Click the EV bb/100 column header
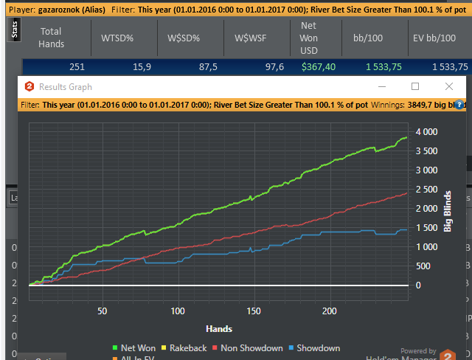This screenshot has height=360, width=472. (441, 38)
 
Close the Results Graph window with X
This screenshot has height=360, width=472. (449, 87)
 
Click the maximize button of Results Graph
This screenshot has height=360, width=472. (415, 87)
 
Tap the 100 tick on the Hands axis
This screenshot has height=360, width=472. (178, 311)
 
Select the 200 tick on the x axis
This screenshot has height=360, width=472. (329, 311)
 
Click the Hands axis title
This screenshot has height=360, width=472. (220, 328)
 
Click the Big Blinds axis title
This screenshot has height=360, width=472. (447, 212)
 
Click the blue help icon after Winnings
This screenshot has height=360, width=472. (459, 105)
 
